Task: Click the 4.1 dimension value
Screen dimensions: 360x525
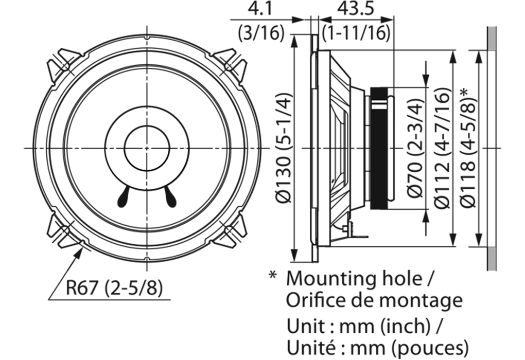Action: coord(261,9)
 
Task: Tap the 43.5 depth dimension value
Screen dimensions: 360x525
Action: coord(356,9)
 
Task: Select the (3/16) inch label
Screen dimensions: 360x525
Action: coord(261,33)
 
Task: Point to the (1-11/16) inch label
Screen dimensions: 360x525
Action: coord(356,33)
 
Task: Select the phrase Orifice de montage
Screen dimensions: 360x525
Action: coord(374,300)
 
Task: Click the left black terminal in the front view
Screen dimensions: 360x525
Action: coord(124,197)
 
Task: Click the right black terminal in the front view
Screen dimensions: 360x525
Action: coord(170,197)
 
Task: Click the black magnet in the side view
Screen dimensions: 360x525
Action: coord(378,148)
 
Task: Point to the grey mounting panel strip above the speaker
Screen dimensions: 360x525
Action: coord(492,39)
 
